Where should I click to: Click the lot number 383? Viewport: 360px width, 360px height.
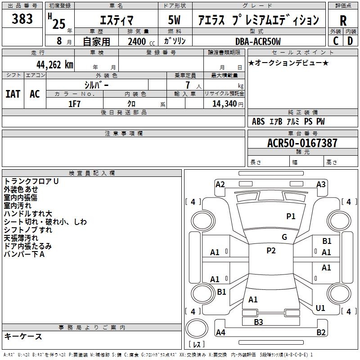[22, 19]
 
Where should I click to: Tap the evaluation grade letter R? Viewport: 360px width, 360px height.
[343, 21]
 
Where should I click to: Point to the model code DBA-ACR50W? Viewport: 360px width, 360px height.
[258, 41]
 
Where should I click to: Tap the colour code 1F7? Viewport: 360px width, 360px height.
[74, 104]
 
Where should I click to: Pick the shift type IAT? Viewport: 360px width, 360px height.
[13, 94]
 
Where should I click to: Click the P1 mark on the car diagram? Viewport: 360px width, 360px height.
[291, 216]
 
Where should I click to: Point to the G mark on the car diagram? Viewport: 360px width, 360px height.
[284, 237]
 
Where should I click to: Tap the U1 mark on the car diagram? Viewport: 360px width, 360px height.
[320, 308]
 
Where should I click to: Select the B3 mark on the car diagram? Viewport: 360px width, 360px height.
[258, 322]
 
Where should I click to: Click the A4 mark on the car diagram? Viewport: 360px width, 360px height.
[220, 333]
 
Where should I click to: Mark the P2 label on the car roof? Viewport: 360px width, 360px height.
[271, 251]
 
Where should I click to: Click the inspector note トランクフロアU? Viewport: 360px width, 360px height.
[31, 181]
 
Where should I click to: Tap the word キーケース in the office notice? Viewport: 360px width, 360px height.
[23, 336]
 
